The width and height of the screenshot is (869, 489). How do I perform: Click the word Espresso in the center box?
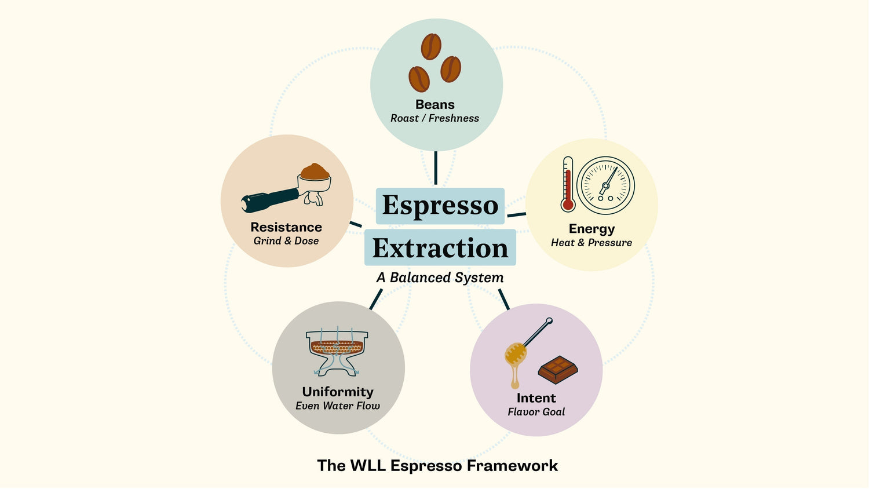(440, 206)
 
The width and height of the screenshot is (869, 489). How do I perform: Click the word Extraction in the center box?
(440, 248)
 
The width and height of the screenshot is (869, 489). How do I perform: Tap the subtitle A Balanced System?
(440, 278)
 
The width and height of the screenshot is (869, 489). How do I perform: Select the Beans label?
(435, 105)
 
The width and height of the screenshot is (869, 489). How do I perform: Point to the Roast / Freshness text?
(434, 118)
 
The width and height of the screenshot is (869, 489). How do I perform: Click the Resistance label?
(286, 227)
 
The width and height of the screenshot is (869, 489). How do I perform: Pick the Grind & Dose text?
(286, 241)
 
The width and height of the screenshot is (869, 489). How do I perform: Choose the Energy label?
(591, 229)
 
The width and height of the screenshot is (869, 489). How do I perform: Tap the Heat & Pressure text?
(591, 243)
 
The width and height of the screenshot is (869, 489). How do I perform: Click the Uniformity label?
(338, 392)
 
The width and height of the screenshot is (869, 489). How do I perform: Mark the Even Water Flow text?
(338, 406)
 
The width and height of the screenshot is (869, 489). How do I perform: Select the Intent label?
(536, 398)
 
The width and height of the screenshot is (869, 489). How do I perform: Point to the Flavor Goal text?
(536, 412)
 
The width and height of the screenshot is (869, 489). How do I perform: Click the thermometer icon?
(568, 184)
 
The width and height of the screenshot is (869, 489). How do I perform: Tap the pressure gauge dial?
(606, 185)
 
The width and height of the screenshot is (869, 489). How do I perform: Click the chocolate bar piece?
(558, 370)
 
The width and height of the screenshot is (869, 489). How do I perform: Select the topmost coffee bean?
(431, 46)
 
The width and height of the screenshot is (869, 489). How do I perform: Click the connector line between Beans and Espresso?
(436, 168)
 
